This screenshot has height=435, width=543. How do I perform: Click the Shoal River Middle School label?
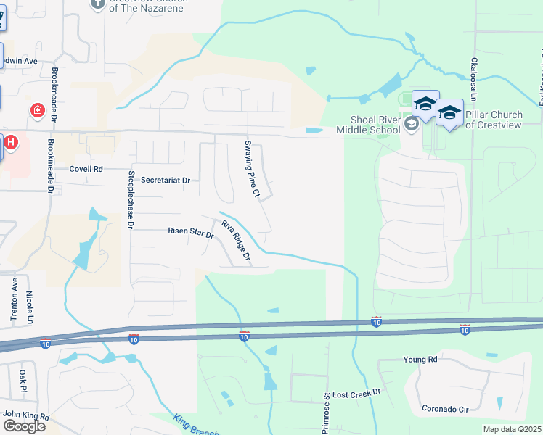coord(368,125)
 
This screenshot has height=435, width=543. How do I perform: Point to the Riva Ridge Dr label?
coord(236,240)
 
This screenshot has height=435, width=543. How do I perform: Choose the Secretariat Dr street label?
coord(165,180)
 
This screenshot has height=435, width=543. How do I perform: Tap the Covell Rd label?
coord(86,169)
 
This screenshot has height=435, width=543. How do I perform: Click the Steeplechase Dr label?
coord(131,200)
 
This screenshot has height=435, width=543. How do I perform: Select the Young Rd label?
coord(421,360)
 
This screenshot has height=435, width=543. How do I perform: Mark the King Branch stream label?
coord(197,426)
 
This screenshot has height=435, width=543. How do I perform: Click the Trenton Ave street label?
coord(14,304)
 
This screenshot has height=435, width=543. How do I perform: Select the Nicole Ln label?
coord(29,307)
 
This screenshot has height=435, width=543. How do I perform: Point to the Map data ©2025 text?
coord(512,429)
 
